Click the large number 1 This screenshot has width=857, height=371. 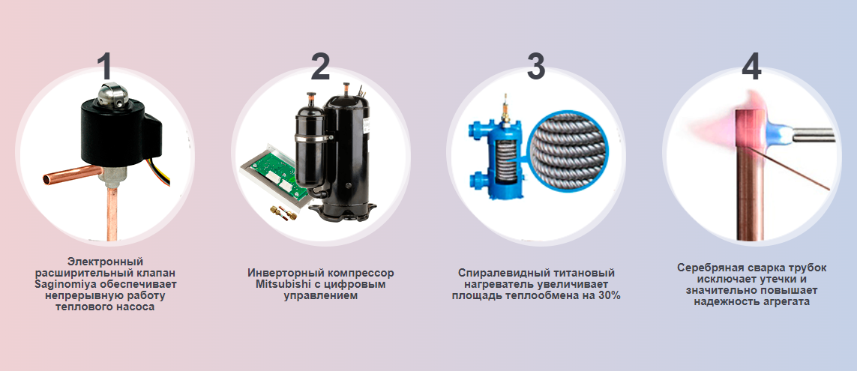pos(104,67)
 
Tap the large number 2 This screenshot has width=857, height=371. pos(320,67)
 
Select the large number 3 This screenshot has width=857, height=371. pos(535,67)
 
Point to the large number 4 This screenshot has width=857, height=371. pos(751,67)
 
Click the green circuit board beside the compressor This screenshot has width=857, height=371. pos(271,175)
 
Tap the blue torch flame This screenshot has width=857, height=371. pos(778,133)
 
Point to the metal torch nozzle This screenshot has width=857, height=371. pos(814,135)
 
